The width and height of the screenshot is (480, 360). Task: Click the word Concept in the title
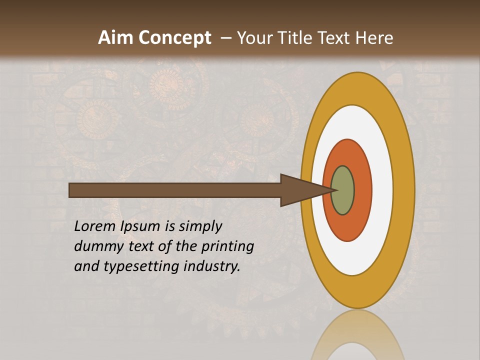[175, 37]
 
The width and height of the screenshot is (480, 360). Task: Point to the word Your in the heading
[254, 37]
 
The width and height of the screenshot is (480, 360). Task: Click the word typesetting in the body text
[141, 266]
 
